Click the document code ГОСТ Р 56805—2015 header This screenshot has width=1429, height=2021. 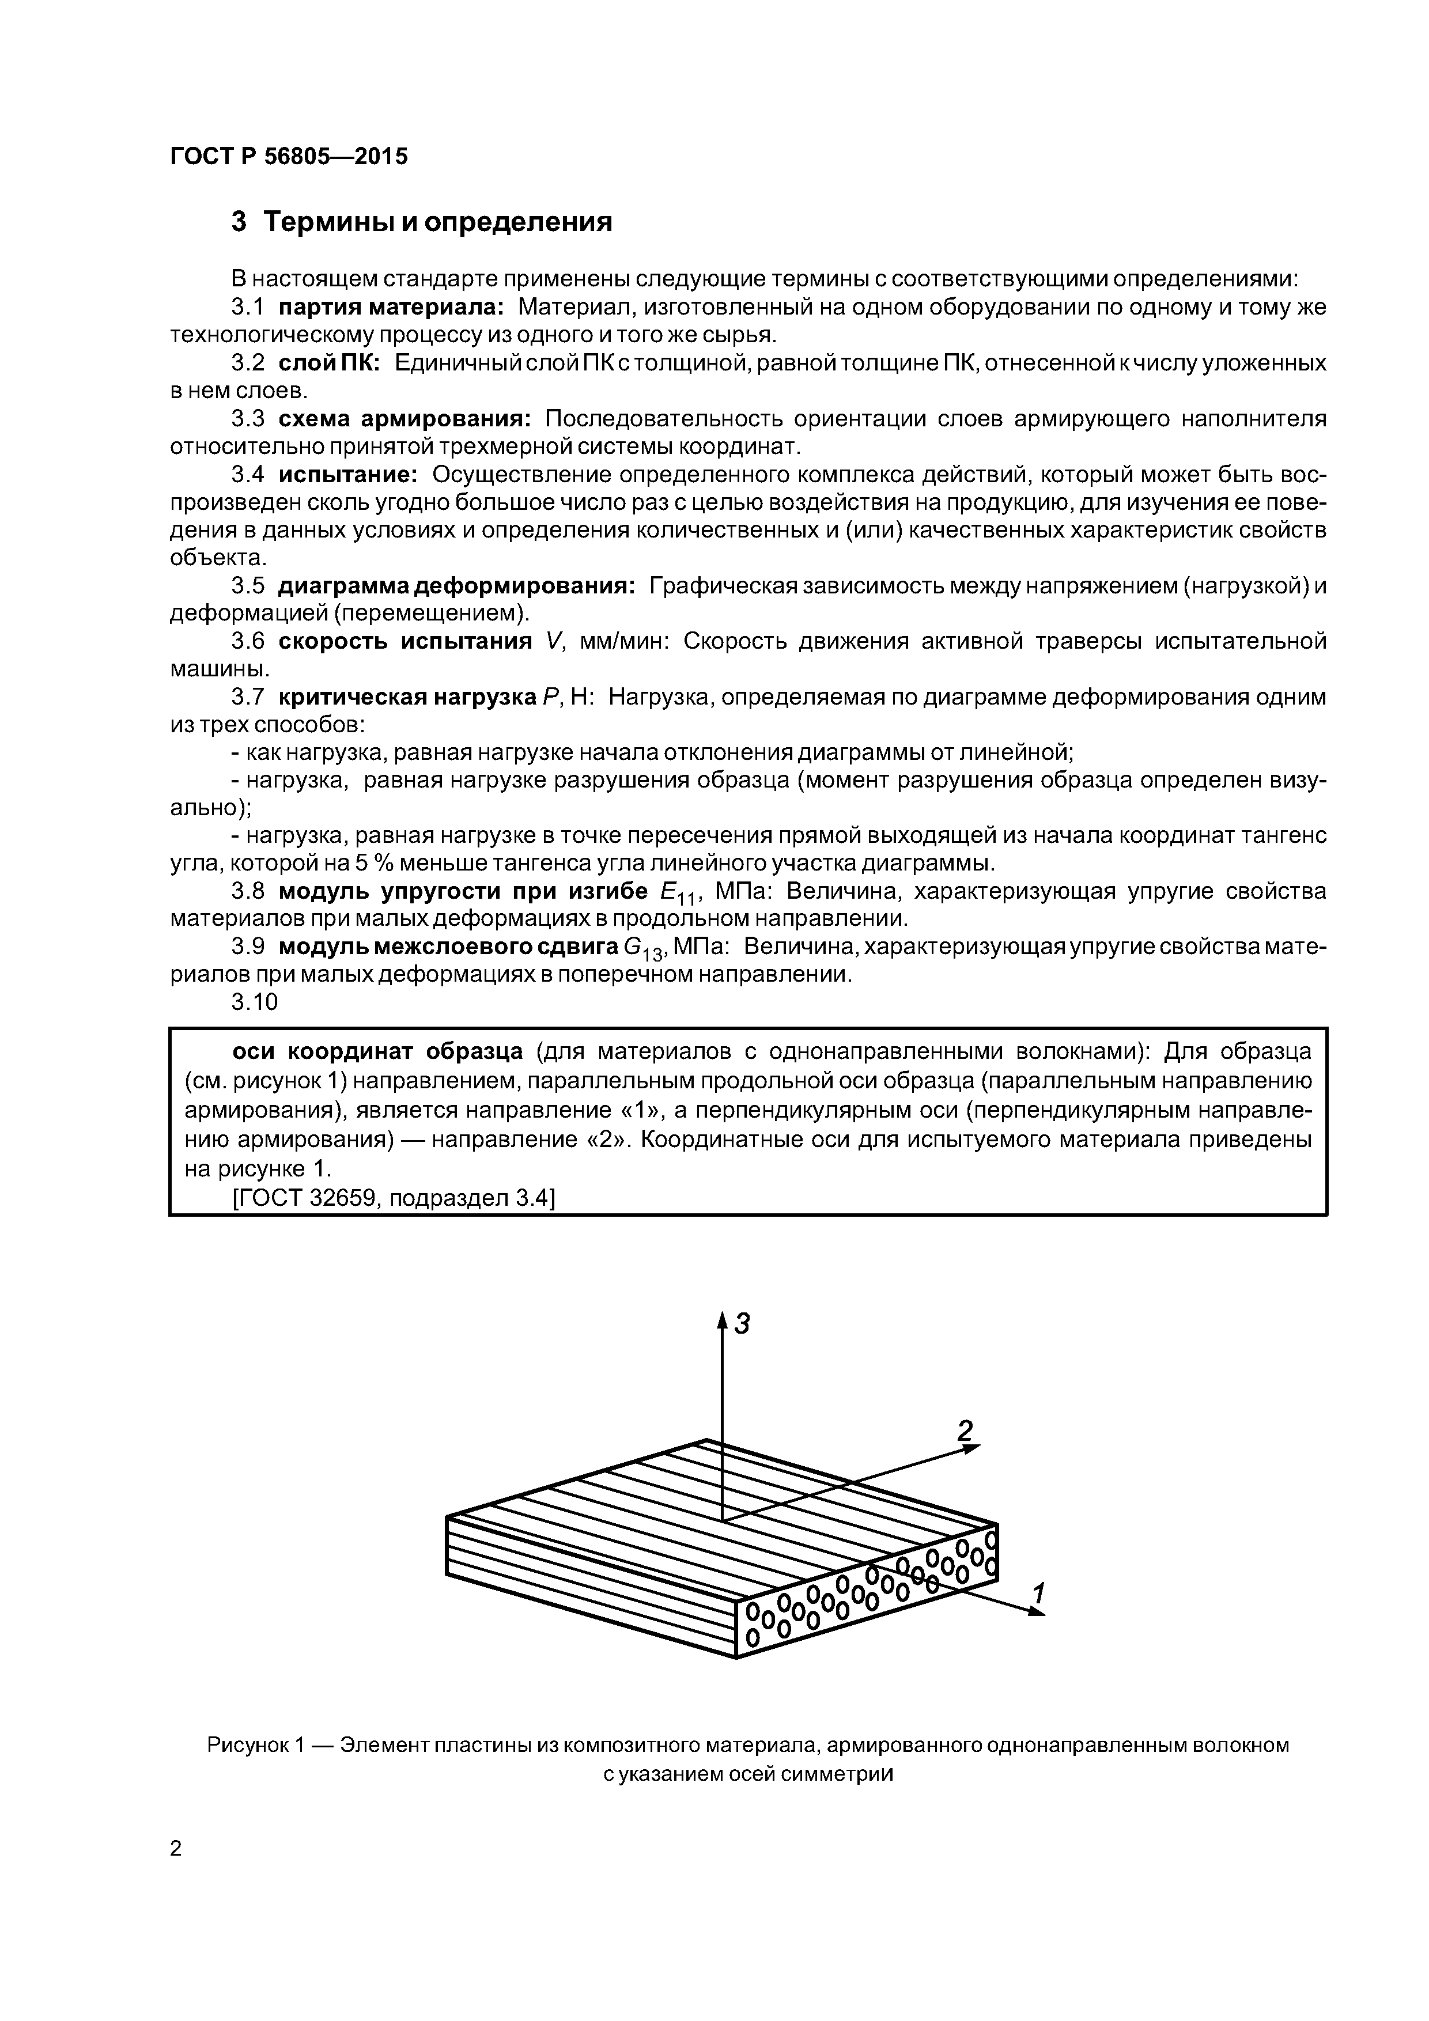pos(289,157)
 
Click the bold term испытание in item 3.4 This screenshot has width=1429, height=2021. pos(348,475)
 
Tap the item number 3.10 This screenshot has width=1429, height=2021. pos(255,1002)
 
